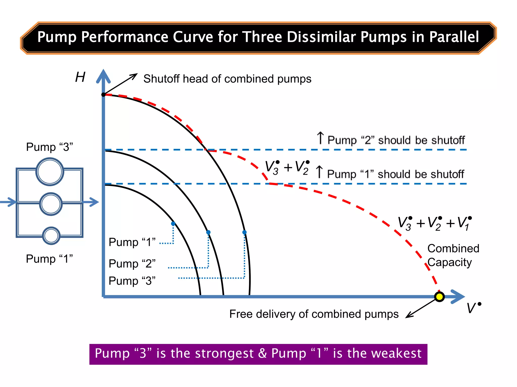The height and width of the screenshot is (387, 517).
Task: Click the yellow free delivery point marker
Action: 439,297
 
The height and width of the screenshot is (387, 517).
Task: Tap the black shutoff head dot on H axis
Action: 104,94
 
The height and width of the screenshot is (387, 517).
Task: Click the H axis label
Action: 80,77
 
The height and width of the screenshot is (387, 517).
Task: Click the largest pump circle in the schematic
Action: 50,172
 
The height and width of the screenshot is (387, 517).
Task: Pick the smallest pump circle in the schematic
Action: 51,236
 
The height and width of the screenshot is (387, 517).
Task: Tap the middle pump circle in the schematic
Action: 51,204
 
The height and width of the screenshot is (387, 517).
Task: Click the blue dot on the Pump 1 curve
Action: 173,223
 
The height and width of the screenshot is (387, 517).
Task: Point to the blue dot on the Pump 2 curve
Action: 208,232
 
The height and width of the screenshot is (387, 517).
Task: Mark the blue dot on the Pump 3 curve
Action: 244,232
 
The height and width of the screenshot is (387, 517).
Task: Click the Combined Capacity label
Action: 453,255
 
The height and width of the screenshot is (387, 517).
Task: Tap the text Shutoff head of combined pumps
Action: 227,79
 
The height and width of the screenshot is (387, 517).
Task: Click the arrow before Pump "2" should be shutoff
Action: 320,138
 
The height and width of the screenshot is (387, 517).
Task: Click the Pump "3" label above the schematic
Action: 49,147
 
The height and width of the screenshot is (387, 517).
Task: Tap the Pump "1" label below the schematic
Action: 49,259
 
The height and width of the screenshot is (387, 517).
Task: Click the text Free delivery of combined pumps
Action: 314,314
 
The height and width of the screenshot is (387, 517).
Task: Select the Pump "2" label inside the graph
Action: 132,264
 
